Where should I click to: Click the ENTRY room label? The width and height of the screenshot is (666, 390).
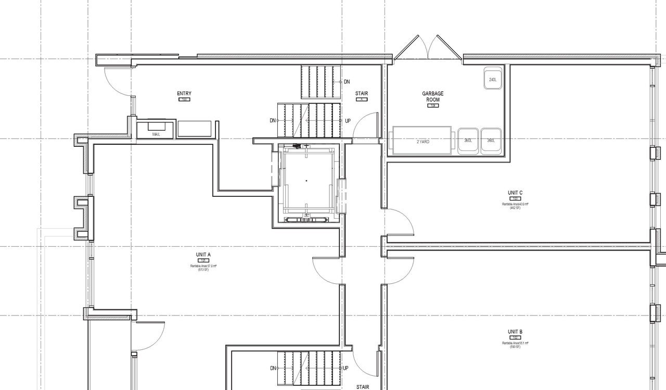(x=184, y=94)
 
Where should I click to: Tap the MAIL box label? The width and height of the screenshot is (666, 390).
(x=156, y=134)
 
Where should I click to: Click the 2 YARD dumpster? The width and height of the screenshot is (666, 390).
(x=422, y=141)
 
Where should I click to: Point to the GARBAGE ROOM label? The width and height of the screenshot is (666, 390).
(x=432, y=96)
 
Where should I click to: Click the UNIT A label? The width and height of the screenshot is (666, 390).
(x=203, y=255)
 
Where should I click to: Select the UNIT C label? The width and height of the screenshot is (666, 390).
(x=515, y=193)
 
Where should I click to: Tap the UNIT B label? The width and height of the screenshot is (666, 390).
(x=515, y=332)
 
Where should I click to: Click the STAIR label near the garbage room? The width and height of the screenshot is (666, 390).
(x=362, y=94)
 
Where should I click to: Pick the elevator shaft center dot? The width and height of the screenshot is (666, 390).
(x=306, y=181)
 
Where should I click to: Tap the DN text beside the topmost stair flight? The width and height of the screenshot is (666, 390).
(x=347, y=82)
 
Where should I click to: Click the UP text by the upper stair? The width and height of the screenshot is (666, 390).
(x=348, y=121)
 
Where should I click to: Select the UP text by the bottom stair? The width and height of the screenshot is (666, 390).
(x=345, y=368)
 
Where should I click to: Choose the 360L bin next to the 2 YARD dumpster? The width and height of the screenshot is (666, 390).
(x=468, y=141)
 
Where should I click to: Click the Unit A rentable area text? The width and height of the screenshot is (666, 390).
(x=203, y=267)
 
